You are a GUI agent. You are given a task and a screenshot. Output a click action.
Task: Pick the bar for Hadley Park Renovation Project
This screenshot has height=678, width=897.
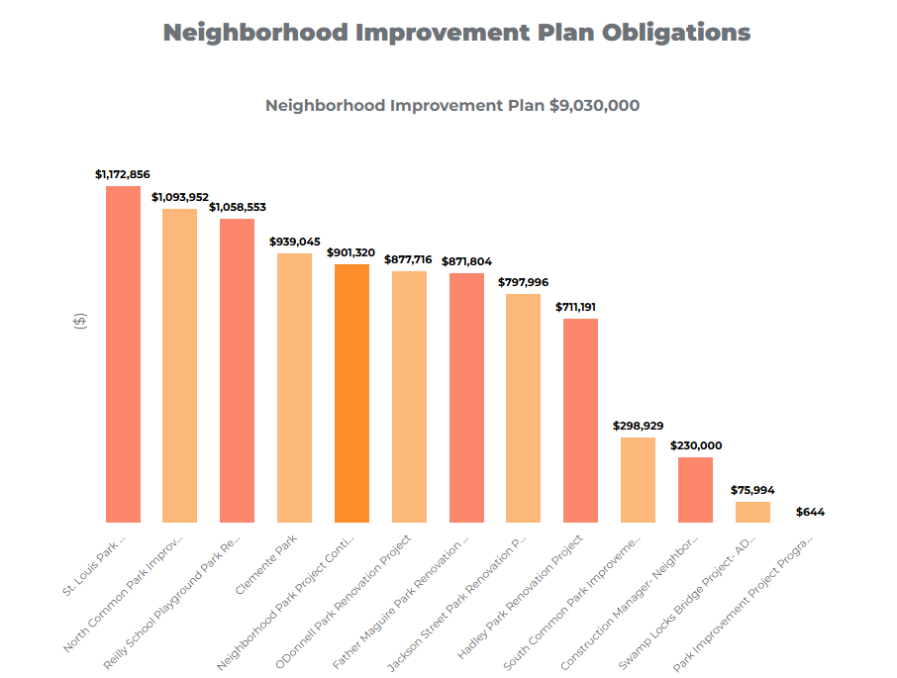[580, 421]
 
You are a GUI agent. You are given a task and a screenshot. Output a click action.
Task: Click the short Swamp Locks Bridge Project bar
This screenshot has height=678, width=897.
[752, 512]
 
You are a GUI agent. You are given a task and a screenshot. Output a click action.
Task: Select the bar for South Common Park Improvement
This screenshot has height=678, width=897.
[638, 480]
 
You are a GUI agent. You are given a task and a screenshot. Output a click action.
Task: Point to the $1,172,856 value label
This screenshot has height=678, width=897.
[123, 174]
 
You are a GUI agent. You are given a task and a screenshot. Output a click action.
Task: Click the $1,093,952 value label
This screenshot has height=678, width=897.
[180, 197]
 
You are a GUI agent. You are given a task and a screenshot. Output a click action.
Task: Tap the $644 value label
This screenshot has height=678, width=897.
[810, 512]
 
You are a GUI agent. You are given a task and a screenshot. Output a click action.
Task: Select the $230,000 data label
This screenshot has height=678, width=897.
[696, 445]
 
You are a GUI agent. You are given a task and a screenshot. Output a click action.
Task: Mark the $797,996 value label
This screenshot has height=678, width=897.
[523, 282]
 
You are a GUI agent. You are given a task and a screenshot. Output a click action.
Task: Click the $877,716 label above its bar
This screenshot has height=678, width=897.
[408, 259]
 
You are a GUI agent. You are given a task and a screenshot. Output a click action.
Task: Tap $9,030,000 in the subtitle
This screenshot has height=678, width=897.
[594, 105]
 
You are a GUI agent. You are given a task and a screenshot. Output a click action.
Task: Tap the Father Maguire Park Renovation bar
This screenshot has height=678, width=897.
[466, 397]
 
